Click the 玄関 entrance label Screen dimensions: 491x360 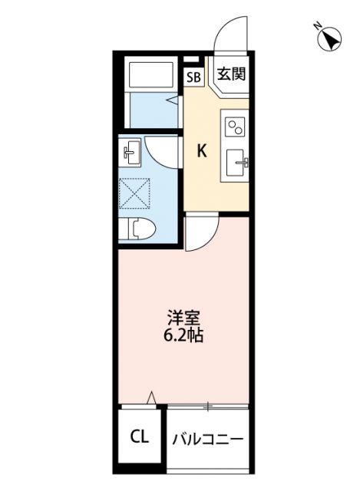pyautogui.click(x=230, y=75)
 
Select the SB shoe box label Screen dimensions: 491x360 pyautogui.click(x=193, y=76)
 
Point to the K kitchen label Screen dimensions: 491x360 pyautogui.click(x=203, y=150)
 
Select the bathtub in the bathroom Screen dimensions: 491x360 pyautogui.click(x=153, y=76)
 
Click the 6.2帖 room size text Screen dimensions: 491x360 pyautogui.click(x=183, y=335)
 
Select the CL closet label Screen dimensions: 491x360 pyautogui.click(x=139, y=438)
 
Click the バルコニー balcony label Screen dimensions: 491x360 pyautogui.click(x=207, y=440)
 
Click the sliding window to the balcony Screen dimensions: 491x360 pyautogui.click(x=207, y=404)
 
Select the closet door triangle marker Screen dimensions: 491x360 pyautogui.click(x=152, y=398)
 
